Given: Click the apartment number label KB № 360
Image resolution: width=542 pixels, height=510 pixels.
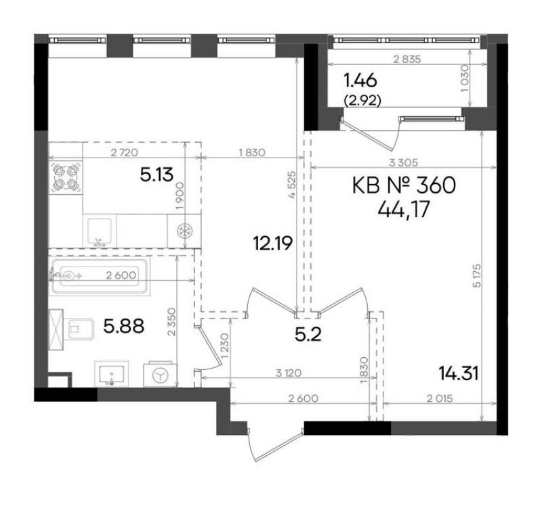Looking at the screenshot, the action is [x=404, y=186].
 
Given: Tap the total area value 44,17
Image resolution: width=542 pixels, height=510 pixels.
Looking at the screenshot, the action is [x=404, y=209].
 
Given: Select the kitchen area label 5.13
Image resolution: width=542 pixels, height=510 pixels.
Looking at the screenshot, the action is [x=157, y=175].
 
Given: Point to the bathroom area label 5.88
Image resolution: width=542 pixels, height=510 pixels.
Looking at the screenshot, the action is [x=124, y=326].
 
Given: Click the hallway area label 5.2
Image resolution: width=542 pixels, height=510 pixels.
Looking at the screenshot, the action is [x=308, y=334].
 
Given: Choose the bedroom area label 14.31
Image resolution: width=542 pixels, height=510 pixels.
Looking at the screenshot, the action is [x=459, y=373].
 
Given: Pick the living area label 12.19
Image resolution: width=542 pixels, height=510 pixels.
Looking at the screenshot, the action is [x=273, y=243].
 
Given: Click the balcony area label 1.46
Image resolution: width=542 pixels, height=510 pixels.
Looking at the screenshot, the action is [x=360, y=80].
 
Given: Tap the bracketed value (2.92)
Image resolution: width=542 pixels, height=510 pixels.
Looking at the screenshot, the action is [x=362, y=100].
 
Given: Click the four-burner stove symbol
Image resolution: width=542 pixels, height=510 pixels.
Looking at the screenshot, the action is [x=66, y=178].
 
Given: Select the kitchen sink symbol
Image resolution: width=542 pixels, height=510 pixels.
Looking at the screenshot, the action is [x=100, y=232].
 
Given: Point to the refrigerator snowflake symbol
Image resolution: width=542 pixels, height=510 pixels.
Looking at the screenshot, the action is [x=184, y=231].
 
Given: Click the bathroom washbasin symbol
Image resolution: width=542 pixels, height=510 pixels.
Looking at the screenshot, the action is [x=112, y=373].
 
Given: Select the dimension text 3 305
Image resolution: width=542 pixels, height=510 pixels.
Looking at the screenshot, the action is [x=403, y=162].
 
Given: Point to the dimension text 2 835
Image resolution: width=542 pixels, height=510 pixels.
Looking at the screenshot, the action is [x=407, y=60].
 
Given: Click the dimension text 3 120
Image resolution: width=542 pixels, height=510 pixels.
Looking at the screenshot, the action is [x=289, y=373].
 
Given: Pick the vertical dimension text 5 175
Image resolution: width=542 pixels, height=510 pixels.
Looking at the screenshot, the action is [x=478, y=276].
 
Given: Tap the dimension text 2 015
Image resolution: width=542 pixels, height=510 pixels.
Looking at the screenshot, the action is [x=439, y=398].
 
